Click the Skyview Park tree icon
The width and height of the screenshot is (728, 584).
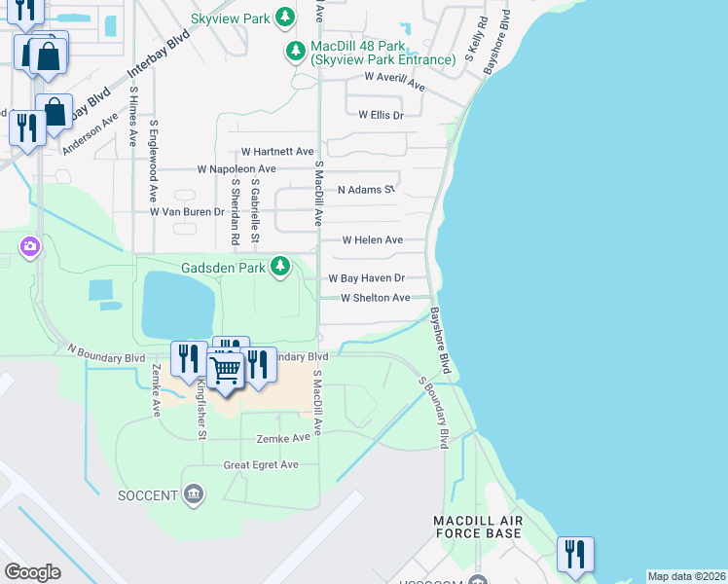pos(284,17)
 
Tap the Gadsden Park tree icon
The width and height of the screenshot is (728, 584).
pos(281,266)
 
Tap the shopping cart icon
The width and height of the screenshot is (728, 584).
pos(226,369)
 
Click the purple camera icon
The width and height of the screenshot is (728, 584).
pos(30,246)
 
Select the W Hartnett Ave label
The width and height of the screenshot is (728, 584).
pos(277,152)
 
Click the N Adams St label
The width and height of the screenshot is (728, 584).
pos(366,190)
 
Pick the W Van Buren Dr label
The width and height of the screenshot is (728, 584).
pos(187,211)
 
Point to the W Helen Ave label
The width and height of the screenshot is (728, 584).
pos(372,239)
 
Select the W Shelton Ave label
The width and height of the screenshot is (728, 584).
pos(375,298)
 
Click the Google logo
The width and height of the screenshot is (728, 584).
pos(32,571)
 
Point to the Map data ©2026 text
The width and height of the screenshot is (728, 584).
pos(686,576)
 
